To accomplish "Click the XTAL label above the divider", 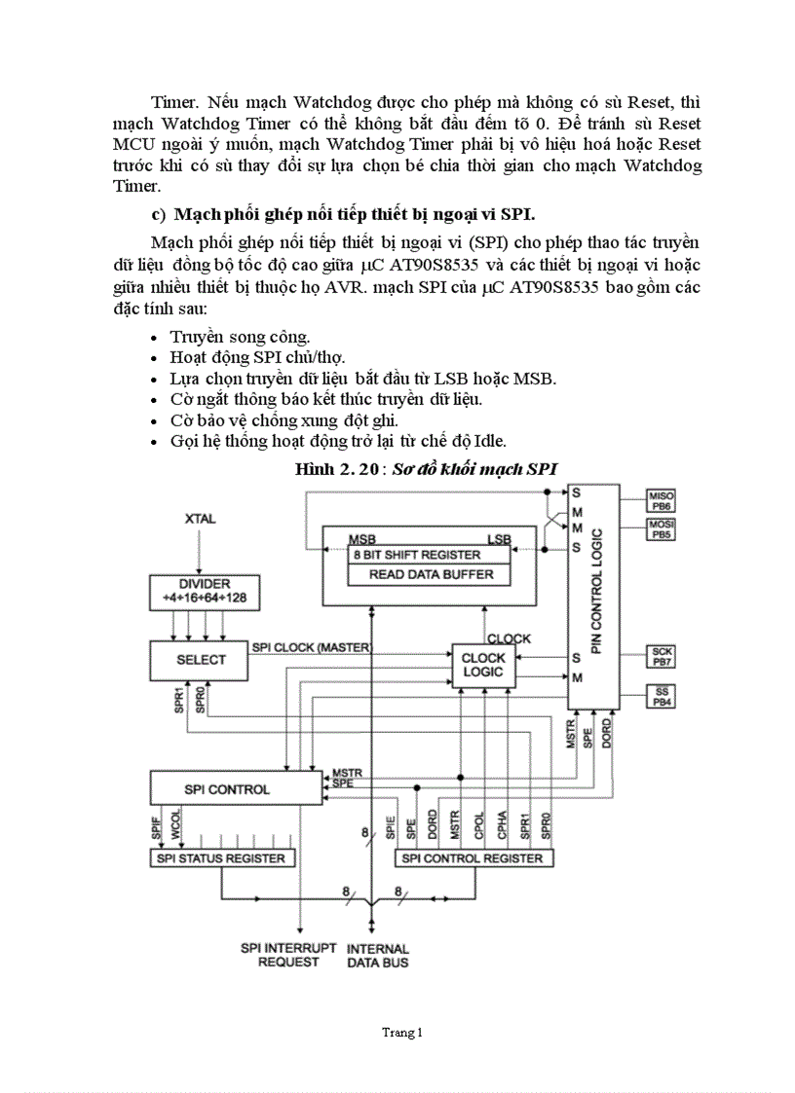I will [x=201, y=519].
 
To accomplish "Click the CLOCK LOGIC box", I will [x=483, y=666].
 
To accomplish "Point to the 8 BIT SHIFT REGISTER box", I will [x=429, y=554].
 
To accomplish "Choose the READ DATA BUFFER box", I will [x=430, y=574].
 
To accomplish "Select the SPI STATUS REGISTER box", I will [x=221, y=857].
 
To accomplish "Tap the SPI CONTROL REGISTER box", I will [x=473, y=857].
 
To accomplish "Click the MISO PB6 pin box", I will [x=662, y=500].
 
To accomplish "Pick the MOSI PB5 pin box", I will [x=662, y=529].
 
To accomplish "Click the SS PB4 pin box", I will [x=662, y=696].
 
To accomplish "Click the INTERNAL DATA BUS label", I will [x=378, y=955].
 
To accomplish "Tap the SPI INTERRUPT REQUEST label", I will [x=288, y=954].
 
